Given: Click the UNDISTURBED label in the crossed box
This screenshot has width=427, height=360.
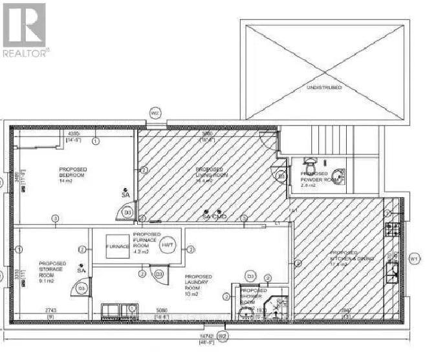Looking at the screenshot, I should [324, 87].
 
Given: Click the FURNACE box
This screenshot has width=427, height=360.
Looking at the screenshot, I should [113, 246].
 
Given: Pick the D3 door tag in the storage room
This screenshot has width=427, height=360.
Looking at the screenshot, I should [82, 288].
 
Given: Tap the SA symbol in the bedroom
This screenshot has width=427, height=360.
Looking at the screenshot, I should [125, 193].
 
